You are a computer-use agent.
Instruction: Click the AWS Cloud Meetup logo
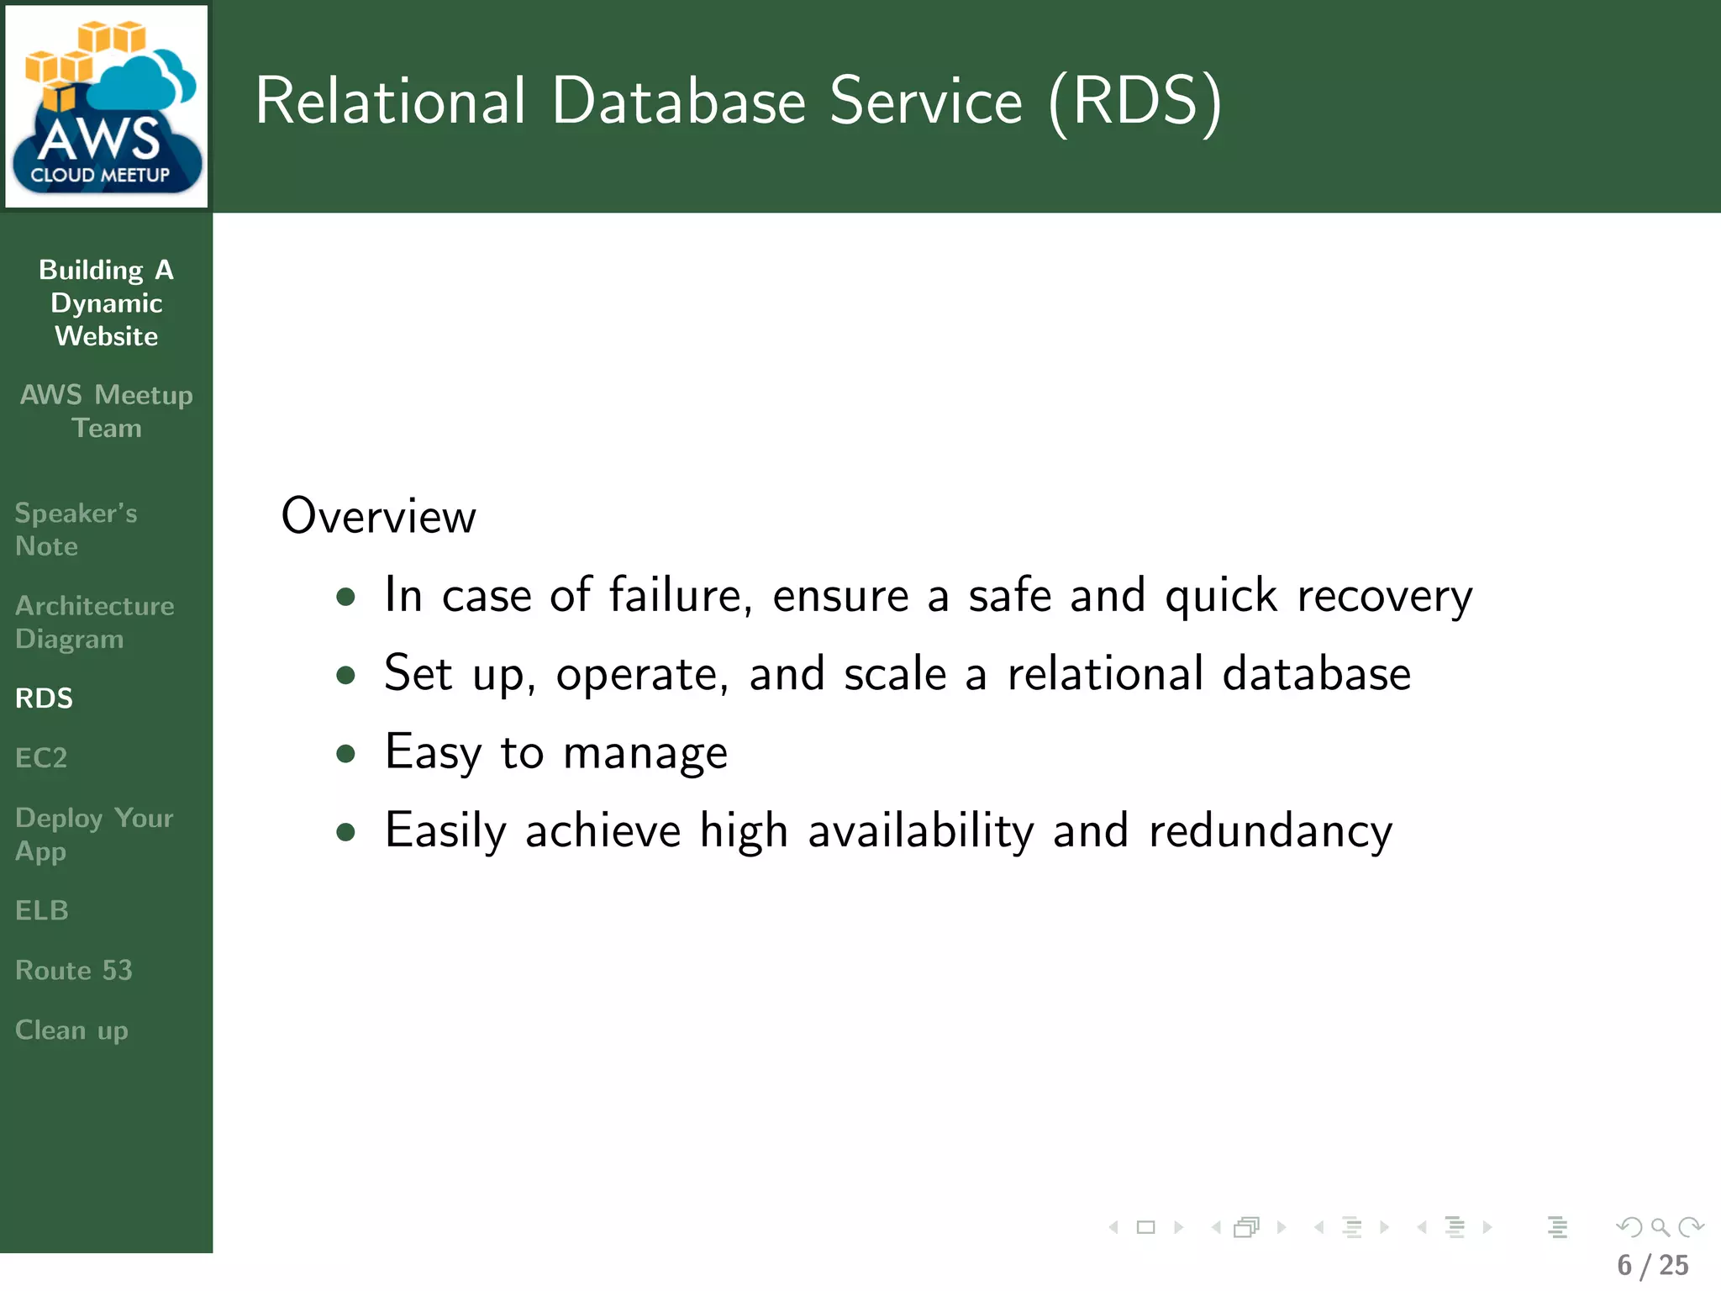[106, 107]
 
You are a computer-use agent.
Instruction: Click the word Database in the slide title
[679, 102]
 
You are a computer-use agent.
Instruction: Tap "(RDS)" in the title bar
[1135, 102]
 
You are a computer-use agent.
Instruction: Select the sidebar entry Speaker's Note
[76, 530]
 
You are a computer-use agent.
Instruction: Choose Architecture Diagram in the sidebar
[94, 622]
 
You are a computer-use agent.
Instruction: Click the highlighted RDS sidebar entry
[44, 698]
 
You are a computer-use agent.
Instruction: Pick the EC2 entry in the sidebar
[40, 758]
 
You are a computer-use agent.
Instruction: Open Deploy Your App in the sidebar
[93, 835]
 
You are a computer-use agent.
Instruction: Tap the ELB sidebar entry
[41, 910]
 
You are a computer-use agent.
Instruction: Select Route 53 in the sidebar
[73, 970]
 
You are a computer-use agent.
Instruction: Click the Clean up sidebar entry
[71, 1030]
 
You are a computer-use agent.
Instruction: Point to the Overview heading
[378, 516]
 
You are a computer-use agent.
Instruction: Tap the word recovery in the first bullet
[1384, 597]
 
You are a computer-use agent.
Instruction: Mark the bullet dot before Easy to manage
[345, 753]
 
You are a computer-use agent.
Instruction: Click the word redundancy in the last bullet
[1270, 831]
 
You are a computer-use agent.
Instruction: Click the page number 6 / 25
[1652, 1266]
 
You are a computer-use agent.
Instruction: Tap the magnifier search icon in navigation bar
[1660, 1228]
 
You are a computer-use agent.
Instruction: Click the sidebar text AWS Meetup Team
[106, 411]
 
